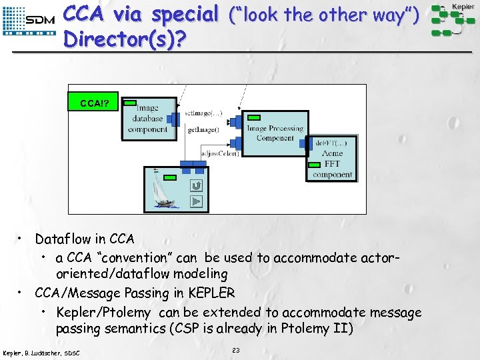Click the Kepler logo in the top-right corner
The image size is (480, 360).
tap(455, 19)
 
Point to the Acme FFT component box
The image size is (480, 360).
tap(332, 160)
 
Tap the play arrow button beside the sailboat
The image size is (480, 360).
tap(196, 201)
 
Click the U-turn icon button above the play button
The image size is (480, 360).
tap(196, 185)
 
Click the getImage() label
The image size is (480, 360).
tap(203, 130)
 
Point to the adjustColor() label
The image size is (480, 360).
tap(221, 154)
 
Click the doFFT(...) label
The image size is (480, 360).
tap(332, 143)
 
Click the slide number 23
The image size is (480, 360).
tap(235, 350)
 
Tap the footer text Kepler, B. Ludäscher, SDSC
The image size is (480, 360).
tap(41, 352)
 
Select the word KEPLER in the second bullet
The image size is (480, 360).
tap(211, 293)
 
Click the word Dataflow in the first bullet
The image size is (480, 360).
tap(61, 239)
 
